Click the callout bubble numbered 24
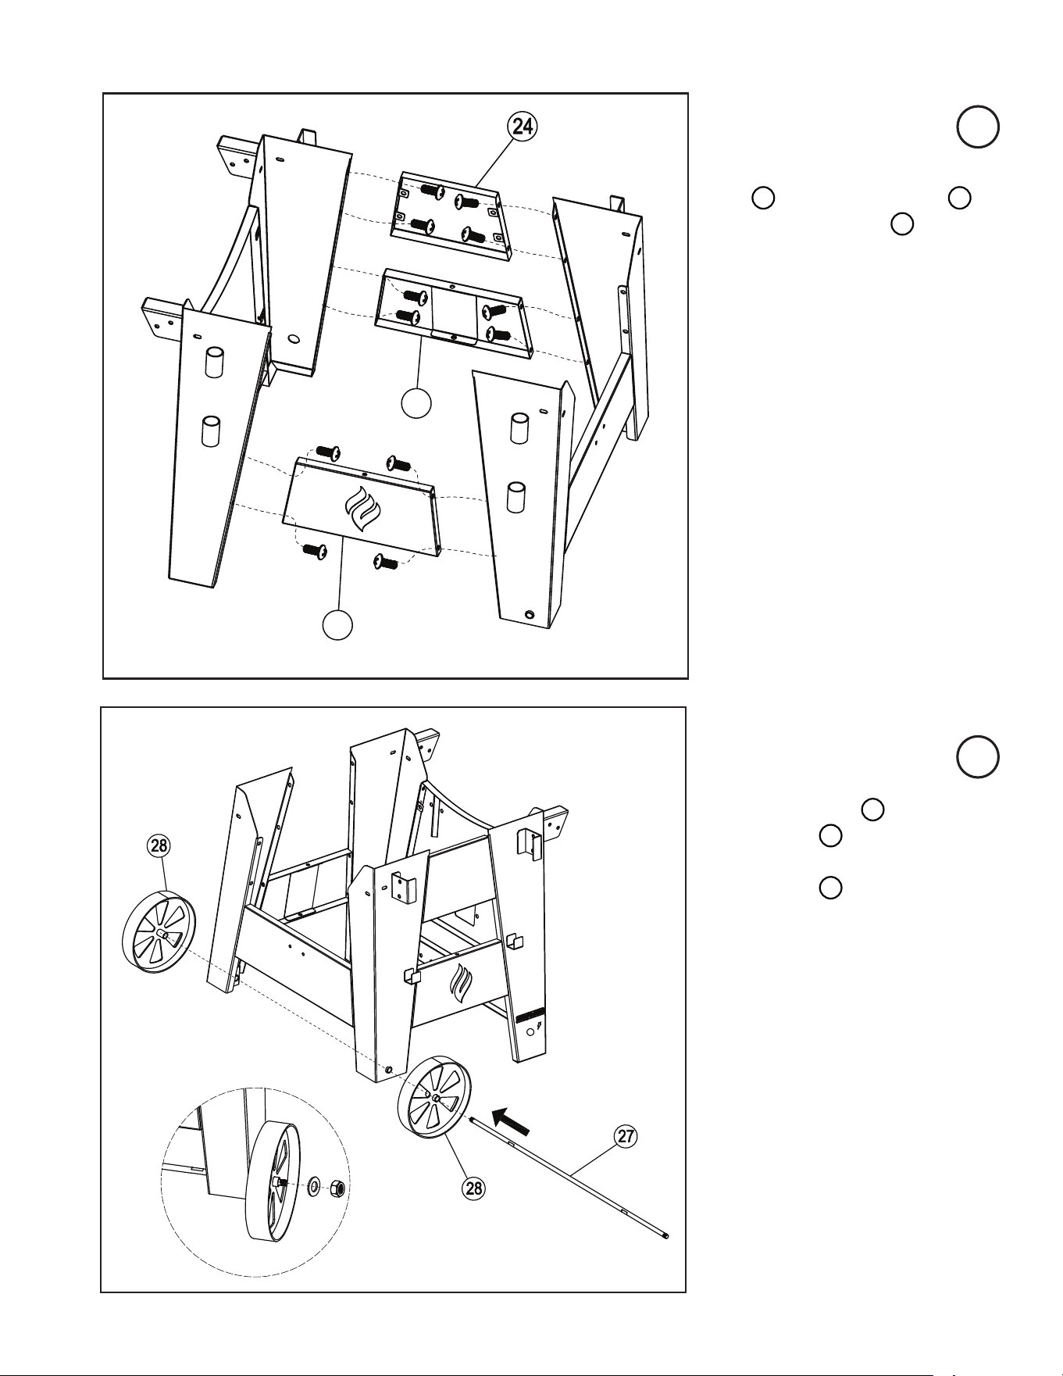click(x=523, y=126)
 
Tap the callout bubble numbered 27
click(x=626, y=1136)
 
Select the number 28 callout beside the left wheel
click(x=159, y=845)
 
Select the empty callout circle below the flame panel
click(x=338, y=624)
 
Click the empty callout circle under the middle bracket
click(x=416, y=403)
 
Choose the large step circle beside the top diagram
click(x=977, y=127)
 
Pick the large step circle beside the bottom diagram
click(x=977, y=757)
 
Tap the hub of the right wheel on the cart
click(x=434, y=1098)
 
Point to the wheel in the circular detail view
click(x=270, y=1181)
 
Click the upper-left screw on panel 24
click(x=431, y=190)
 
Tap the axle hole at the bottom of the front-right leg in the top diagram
click(x=530, y=616)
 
